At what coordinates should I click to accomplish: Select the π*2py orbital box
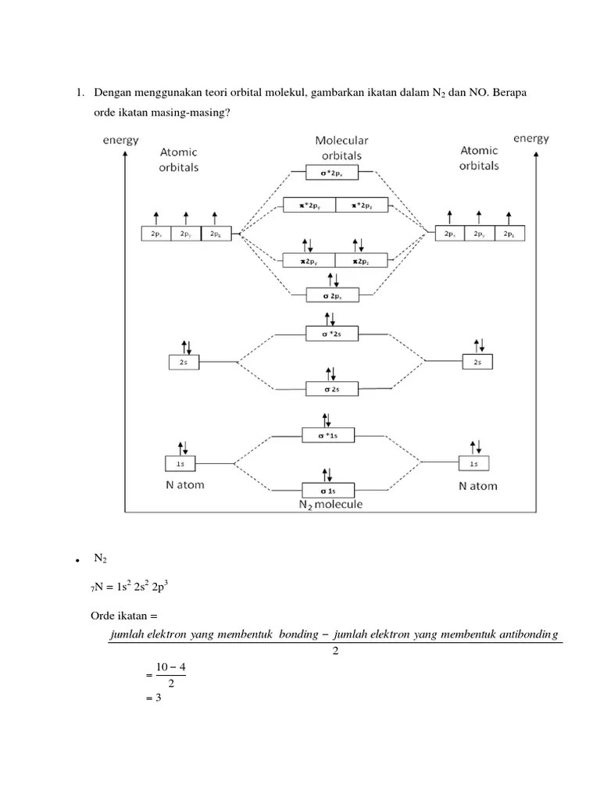308,205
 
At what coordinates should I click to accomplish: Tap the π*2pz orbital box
362,205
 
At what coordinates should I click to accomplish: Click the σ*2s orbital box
332,334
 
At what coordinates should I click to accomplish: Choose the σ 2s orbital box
332,387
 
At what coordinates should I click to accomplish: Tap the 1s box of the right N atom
473,463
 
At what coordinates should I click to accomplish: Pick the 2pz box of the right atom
509,233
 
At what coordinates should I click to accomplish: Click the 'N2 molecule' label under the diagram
330,504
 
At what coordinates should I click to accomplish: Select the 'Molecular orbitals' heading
341,148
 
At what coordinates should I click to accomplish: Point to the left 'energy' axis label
121,140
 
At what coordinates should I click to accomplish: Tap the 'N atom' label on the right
478,485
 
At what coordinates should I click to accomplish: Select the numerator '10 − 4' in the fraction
170,666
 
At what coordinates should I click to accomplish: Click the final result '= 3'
153,698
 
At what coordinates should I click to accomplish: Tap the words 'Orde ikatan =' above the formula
124,616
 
